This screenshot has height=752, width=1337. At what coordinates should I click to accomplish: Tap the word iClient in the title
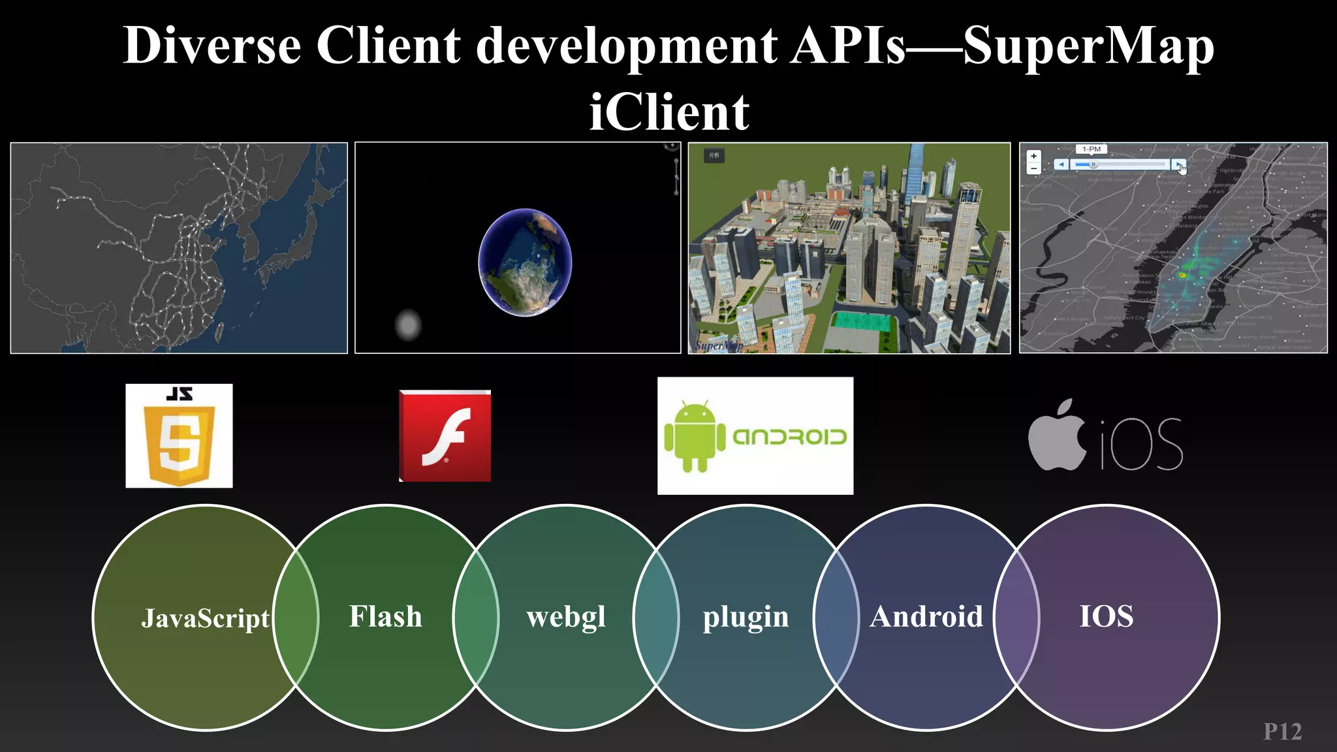point(669,112)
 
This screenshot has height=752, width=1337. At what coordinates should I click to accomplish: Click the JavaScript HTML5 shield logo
point(179,436)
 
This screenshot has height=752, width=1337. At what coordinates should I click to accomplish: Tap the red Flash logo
point(445,436)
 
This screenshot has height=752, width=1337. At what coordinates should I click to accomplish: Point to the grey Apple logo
point(1056,435)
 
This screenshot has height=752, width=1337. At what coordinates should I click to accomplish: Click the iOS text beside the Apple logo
point(1141,444)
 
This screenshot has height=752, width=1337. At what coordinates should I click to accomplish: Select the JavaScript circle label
point(205,618)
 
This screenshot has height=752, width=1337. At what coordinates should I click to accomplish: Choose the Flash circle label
point(385,617)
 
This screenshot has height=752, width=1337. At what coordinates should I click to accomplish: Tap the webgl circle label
point(566,617)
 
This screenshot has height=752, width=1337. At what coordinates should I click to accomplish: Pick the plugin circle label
point(746,617)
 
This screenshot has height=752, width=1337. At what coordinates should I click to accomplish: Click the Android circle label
point(926,617)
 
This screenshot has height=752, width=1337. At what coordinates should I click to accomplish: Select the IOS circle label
point(1106,617)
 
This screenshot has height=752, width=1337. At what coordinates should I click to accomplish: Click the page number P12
point(1282,732)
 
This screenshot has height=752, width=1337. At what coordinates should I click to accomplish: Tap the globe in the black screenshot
point(525,262)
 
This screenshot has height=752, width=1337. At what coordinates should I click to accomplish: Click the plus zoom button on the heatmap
point(1033,156)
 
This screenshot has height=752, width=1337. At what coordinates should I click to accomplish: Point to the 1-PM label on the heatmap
point(1091,149)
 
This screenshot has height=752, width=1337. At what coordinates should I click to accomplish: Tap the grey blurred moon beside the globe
point(409,324)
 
